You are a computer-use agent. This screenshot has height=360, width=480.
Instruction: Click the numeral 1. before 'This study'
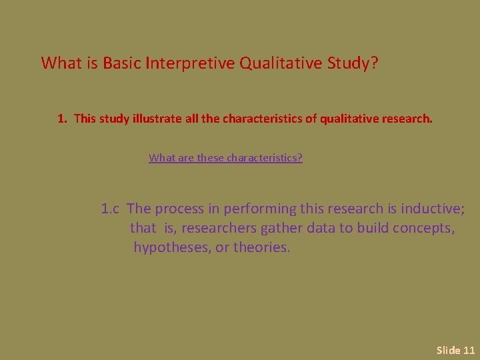coord(62,119)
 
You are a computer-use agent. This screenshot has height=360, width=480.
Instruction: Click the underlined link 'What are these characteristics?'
coord(225,158)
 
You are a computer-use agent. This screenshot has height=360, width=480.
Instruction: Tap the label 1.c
coord(110,209)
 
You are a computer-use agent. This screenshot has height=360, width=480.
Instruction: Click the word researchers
coord(219,228)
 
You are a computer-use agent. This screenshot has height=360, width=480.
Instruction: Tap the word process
coord(180,209)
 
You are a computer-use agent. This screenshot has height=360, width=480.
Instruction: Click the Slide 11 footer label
coord(455,350)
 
